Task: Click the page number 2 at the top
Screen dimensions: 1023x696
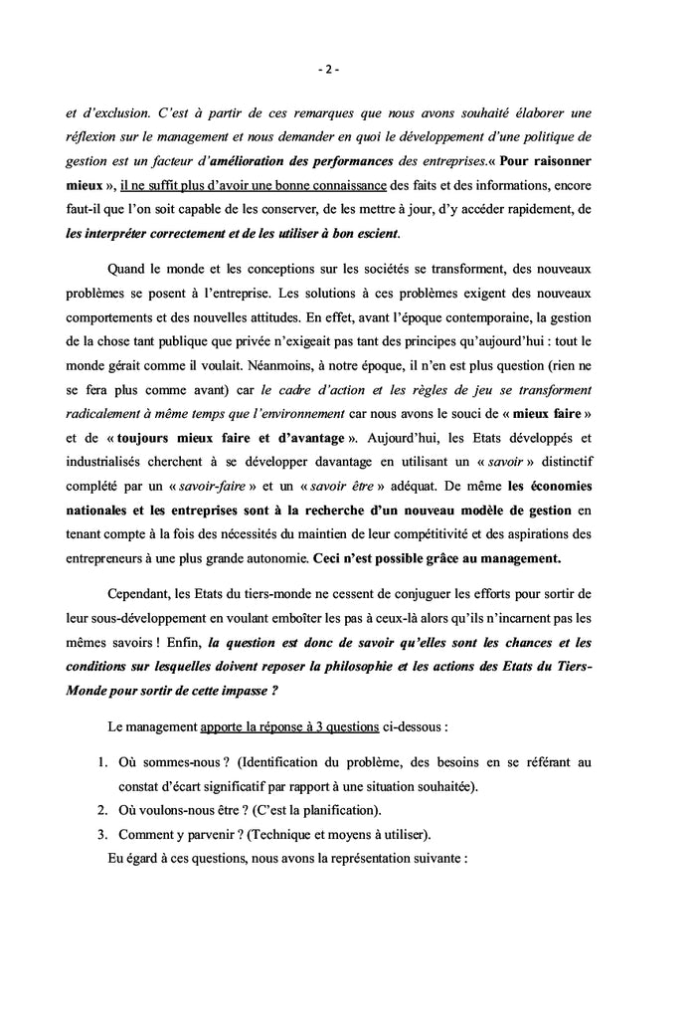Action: click(x=329, y=70)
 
